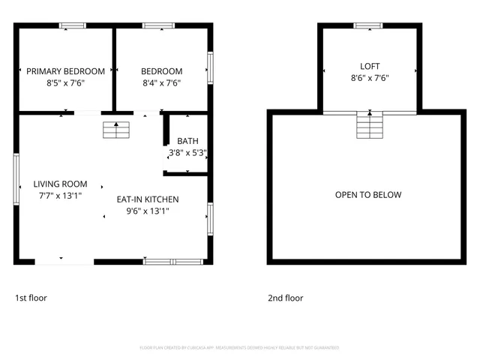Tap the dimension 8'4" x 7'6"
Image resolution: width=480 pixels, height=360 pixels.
161,82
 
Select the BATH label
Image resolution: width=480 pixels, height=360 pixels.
187,141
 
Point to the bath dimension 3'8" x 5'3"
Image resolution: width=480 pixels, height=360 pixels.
187,152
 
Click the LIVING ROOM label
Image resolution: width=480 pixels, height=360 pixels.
60,184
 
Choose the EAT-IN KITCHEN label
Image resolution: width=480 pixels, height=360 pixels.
147,199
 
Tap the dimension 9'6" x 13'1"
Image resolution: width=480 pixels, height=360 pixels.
147,211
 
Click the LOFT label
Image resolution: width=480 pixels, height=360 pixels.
370,66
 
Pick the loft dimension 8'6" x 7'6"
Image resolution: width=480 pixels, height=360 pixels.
370,77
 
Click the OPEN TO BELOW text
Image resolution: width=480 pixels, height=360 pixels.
367,195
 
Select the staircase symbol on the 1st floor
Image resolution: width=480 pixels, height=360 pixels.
115,130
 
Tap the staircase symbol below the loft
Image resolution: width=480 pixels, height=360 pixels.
369,125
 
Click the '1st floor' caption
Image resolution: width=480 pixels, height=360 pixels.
31,298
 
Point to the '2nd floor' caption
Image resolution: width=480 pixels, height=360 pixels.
286,298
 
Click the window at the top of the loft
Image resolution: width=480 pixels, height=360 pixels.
368,26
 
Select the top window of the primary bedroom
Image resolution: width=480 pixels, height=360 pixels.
73,27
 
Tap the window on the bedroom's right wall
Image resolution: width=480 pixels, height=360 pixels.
210,67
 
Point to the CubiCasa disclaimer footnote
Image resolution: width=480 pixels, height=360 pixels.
239,348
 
